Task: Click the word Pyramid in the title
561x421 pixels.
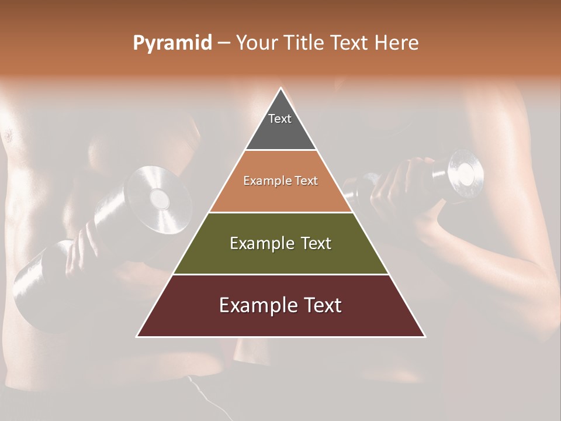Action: click(172, 43)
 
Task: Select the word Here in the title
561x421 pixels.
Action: click(396, 43)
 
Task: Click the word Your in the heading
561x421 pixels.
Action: click(256, 43)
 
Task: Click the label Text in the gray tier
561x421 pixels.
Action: click(280, 119)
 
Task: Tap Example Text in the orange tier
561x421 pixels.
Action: click(280, 181)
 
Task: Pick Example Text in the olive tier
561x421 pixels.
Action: click(280, 243)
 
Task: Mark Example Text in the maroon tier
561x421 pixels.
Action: click(280, 305)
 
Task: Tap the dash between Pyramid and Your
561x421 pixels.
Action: click(224, 43)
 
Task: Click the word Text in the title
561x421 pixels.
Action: click(349, 43)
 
